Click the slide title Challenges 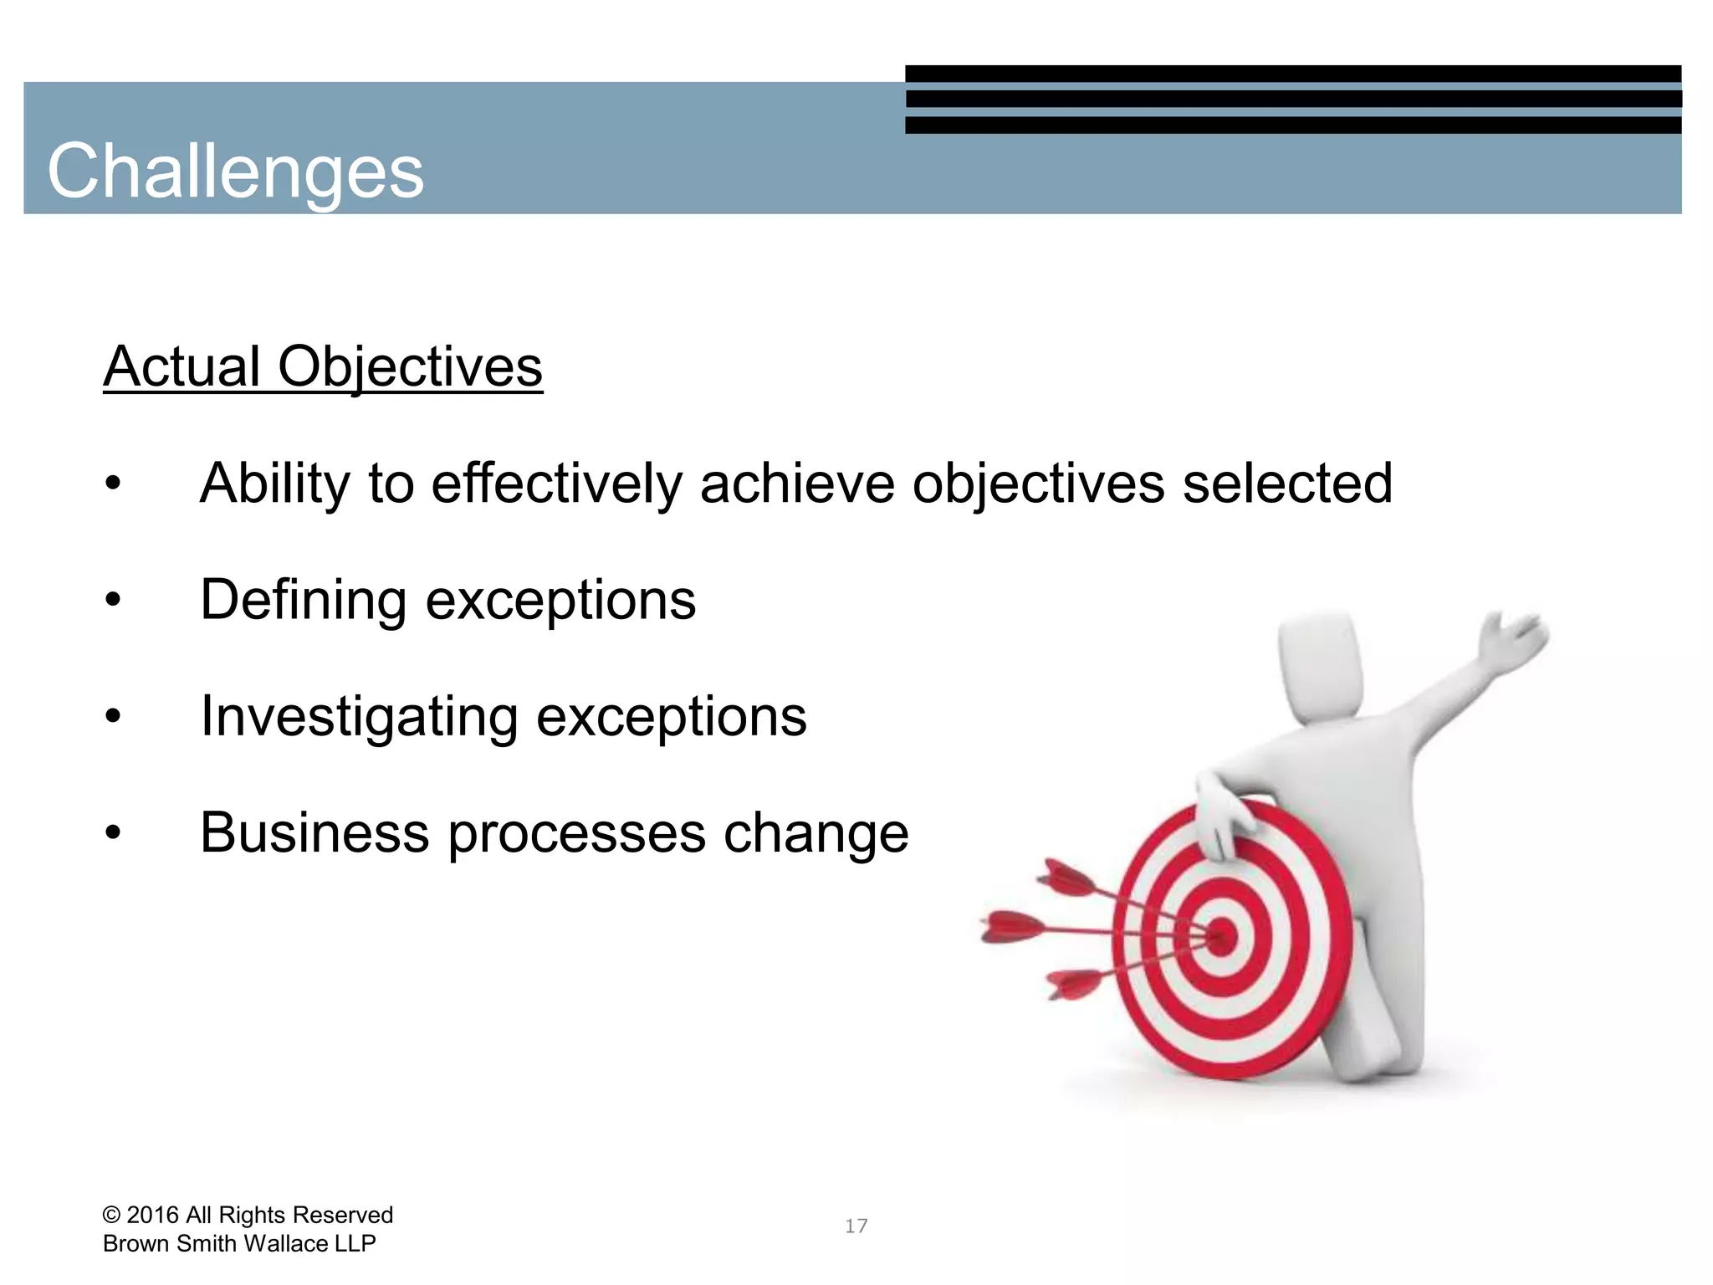[235, 171]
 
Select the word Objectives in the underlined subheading [410, 368]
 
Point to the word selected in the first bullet [1287, 484]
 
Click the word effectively [556, 484]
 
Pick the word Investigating [360, 718]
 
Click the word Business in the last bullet [315, 832]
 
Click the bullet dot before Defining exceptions [113, 600]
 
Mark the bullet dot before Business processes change [113, 833]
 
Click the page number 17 [856, 1226]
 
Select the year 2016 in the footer [153, 1215]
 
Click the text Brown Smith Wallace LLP [239, 1244]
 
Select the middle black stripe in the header [1292, 99]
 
